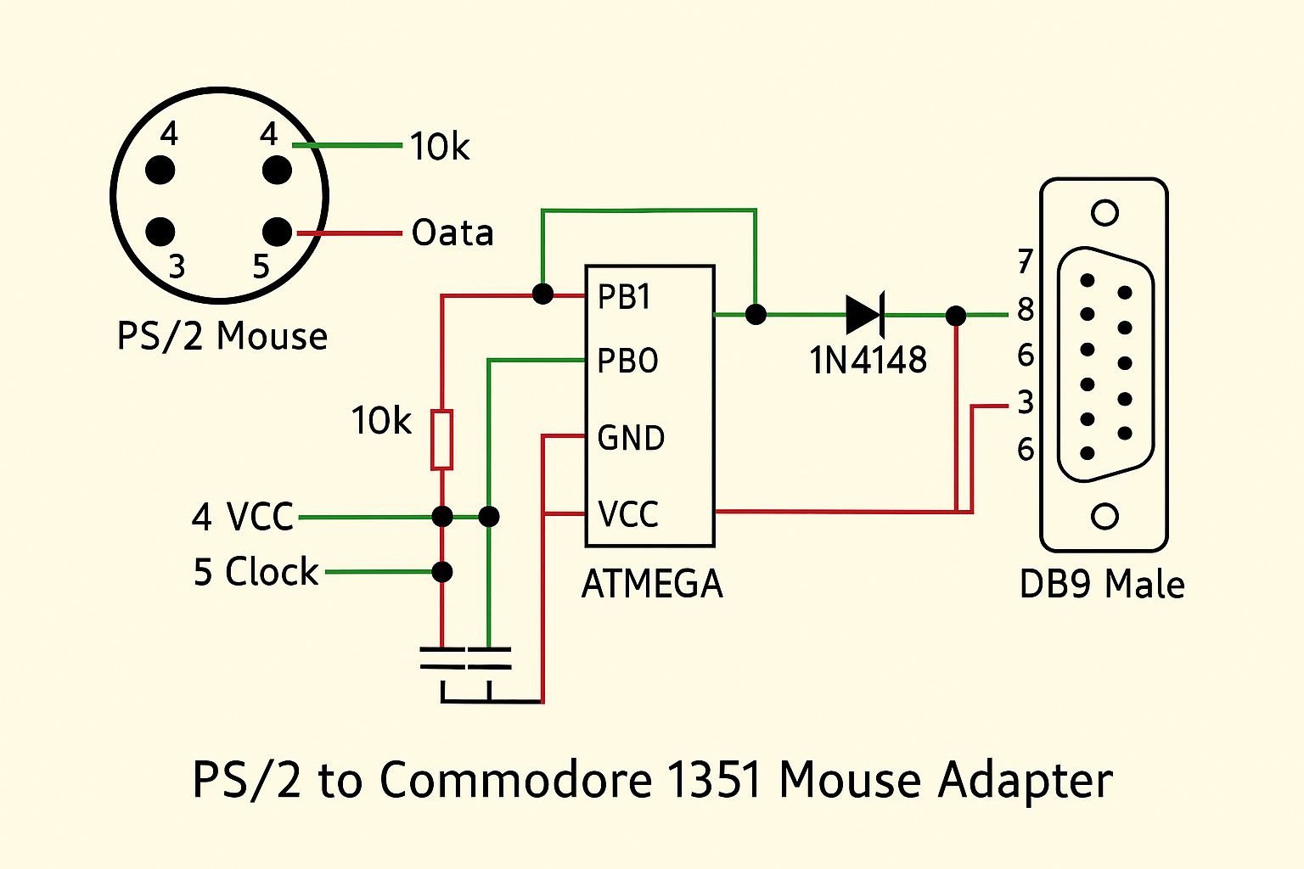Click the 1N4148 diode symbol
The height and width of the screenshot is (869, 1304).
[x=865, y=315]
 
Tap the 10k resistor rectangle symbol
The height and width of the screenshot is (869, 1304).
[x=441, y=440]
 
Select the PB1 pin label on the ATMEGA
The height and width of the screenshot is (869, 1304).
[x=624, y=297]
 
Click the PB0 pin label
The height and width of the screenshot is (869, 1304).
[x=627, y=362]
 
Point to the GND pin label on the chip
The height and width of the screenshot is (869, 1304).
[x=631, y=438]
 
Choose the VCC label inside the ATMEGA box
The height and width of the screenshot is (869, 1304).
[x=628, y=514]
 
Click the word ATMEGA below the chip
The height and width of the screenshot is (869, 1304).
[x=652, y=585]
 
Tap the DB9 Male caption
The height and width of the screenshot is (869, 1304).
[x=1101, y=585]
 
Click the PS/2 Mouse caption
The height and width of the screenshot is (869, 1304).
[x=222, y=337]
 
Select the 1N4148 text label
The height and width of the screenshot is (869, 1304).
[x=868, y=361]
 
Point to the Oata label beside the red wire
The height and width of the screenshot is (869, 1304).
[x=452, y=233]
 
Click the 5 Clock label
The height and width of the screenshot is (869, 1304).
[x=256, y=573]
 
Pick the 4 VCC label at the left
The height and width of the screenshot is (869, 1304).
[x=243, y=517]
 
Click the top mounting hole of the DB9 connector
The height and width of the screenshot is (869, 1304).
[x=1104, y=212]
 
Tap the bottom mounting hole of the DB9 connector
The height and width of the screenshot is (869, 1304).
[x=1104, y=516]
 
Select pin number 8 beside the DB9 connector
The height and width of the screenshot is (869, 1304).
[x=1026, y=310]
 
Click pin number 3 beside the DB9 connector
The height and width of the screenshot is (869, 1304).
[x=1026, y=402]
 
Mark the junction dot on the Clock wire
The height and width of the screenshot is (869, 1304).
[x=441, y=572]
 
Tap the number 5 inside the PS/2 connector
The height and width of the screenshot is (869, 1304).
[x=261, y=266]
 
